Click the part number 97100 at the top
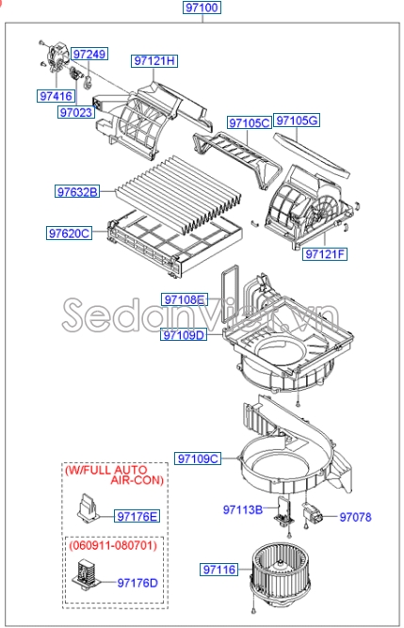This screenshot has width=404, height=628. click(202, 8)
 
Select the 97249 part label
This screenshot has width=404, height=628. click(90, 54)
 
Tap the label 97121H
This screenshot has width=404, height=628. click(154, 61)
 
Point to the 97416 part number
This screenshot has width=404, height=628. click(57, 96)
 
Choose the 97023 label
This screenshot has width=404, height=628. click(76, 113)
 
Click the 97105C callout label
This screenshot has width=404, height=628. click(250, 122)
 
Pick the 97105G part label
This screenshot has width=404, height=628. click(297, 121)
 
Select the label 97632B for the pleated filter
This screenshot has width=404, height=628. click(77, 192)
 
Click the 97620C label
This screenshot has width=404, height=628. click(70, 233)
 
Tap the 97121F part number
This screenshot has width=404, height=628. click(325, 254)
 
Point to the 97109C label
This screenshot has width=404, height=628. click(198, 459)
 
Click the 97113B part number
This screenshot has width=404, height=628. click(243, 510)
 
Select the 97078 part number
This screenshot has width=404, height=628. click(356, 517)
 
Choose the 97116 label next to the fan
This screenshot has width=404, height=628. click(219, 570)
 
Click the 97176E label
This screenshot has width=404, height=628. click(137, 517)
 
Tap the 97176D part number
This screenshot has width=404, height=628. click(137, 583)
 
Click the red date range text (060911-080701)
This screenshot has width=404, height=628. click(113, 545)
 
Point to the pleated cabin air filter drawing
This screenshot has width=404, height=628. click(178, 195)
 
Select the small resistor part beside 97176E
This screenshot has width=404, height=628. click(87, 508)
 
